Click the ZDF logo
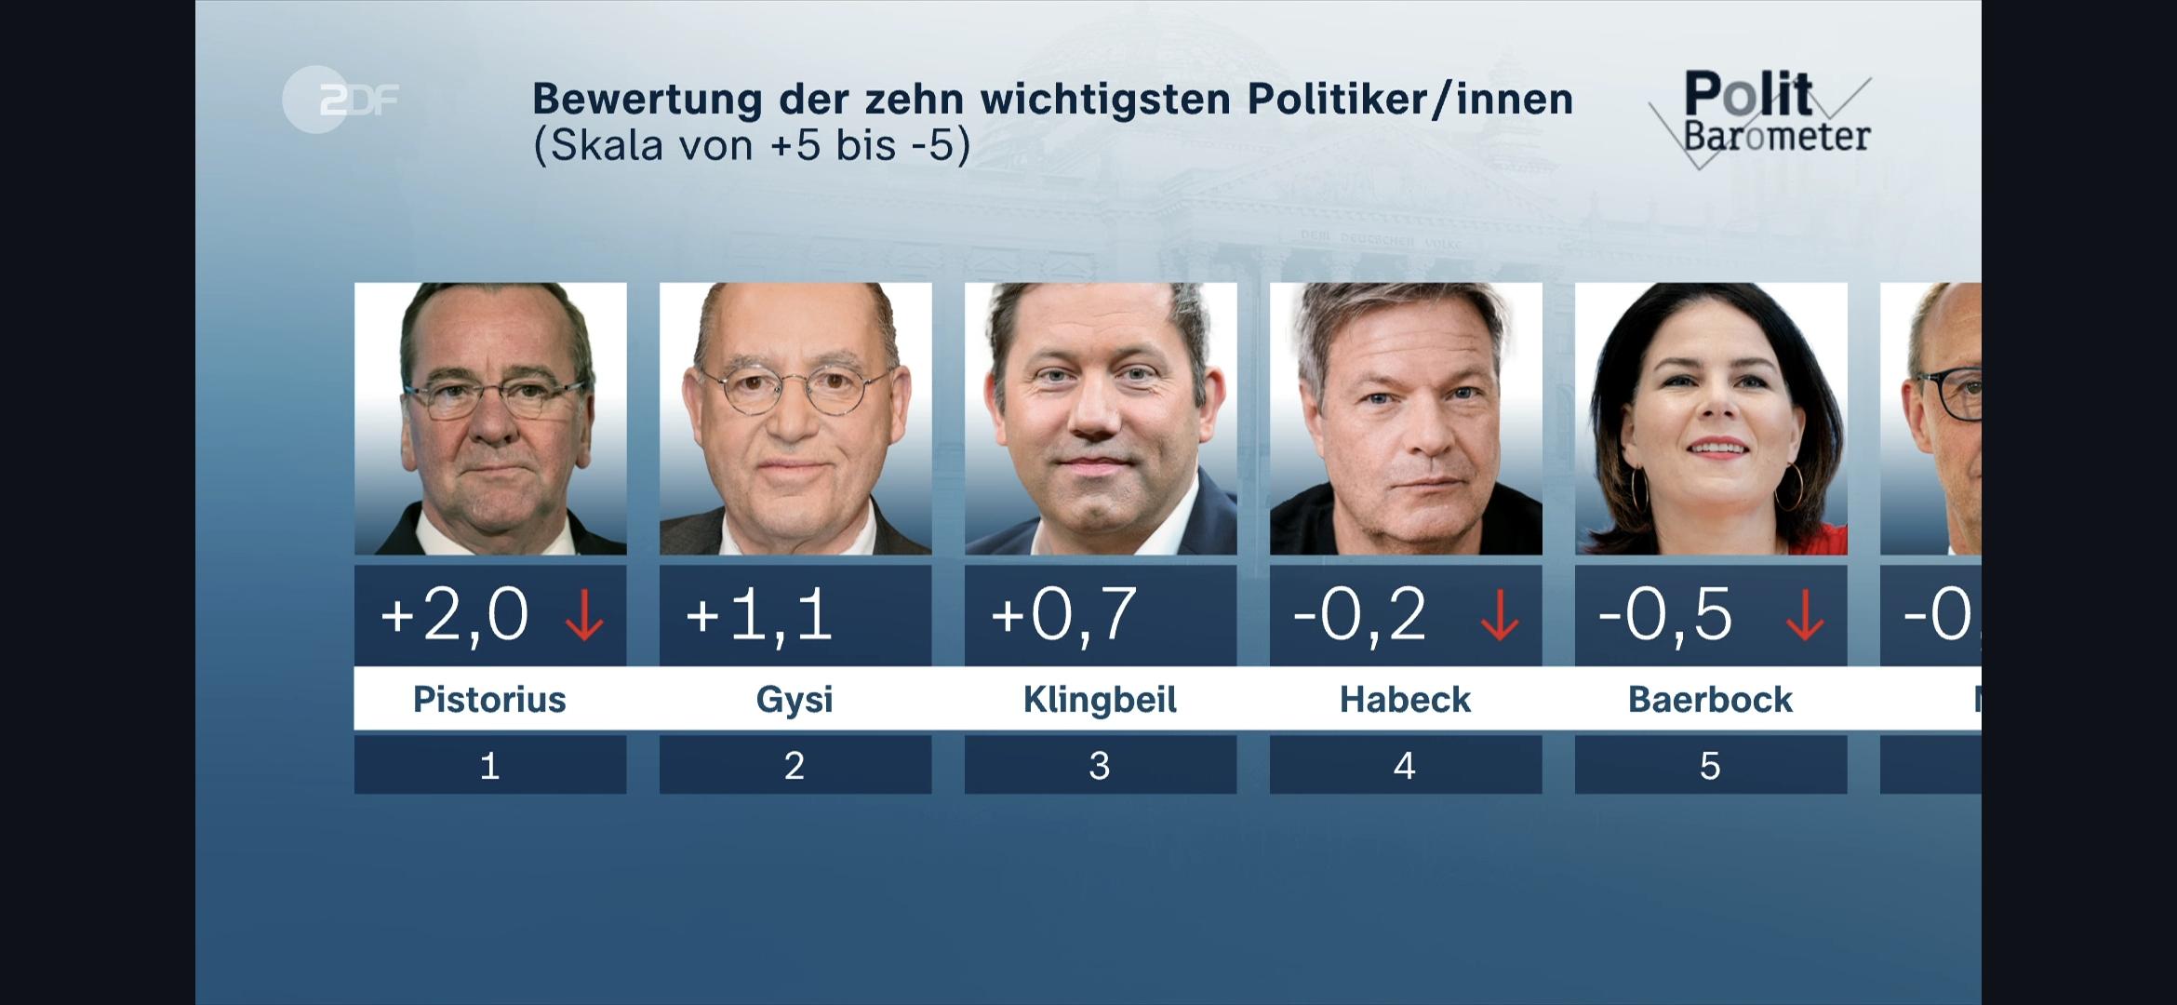click(341, 100)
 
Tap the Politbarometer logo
click(1760, 118)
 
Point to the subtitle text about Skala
click(751, 145)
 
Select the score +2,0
click(454, 615)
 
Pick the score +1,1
click(758, 615)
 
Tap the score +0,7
click(1063, 615)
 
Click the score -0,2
click(1359, 615)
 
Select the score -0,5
click(1664, 615)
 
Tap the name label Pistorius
click(489, 699)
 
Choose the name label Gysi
click(795, 699)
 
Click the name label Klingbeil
click(1100, 699)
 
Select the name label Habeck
click(1405, 699)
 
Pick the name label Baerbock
click(1710, 699)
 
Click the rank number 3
click(1100, 766)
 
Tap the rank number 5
click(1710, 766)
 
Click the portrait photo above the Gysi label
click(795, 419)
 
